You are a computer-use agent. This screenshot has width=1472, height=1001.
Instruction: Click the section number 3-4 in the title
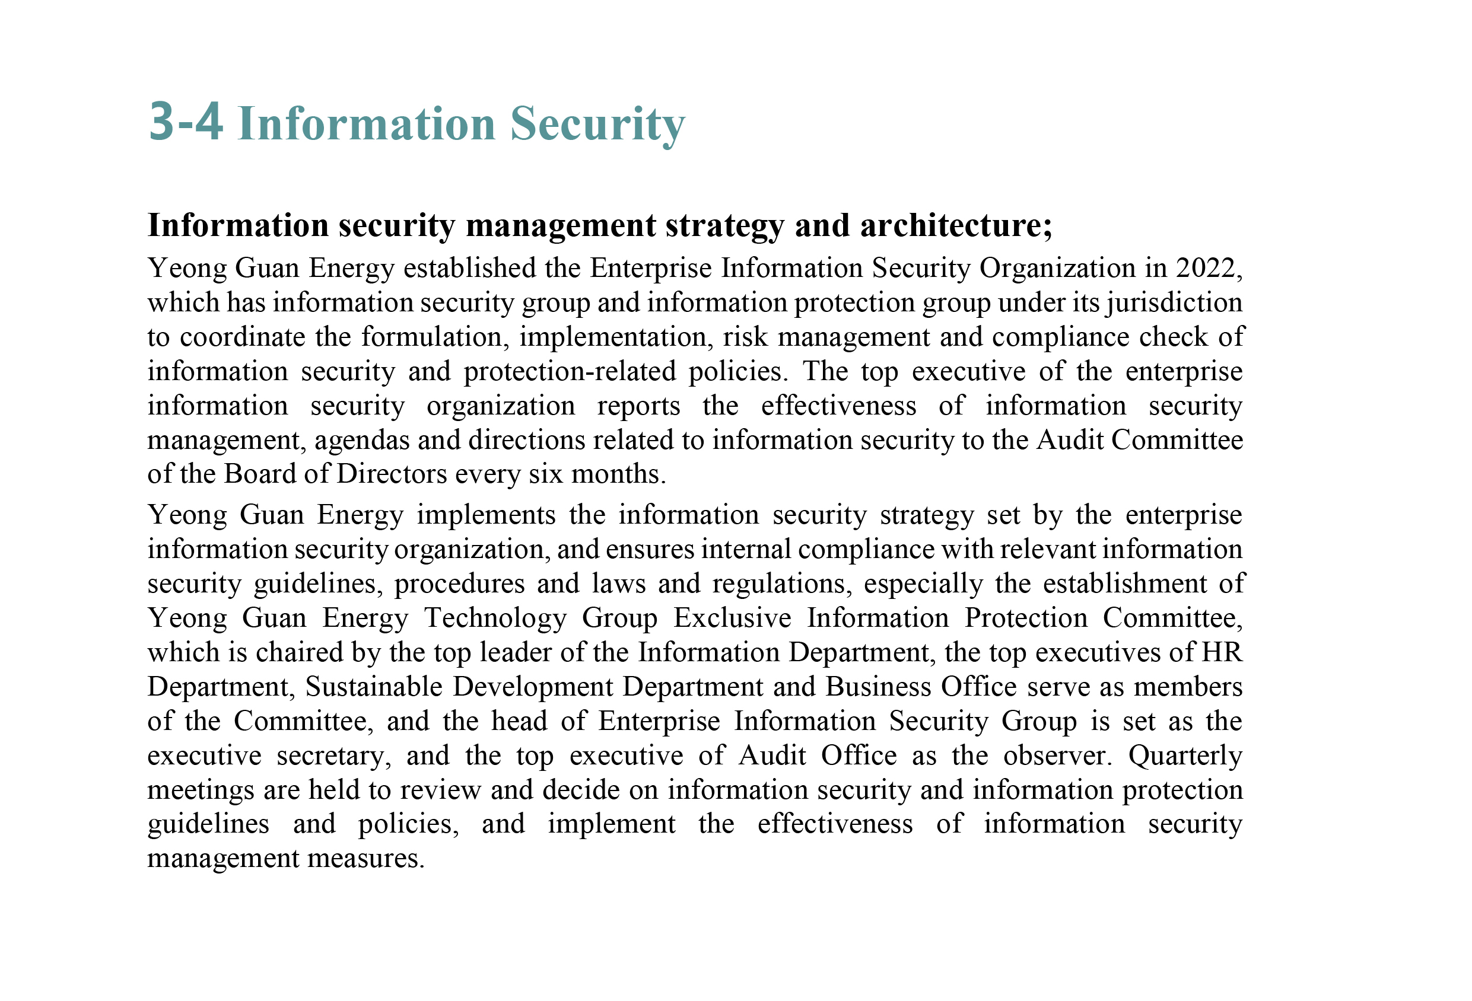pos(186,122)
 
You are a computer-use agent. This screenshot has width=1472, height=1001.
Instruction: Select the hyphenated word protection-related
pos(570,371)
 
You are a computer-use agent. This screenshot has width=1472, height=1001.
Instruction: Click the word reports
pos(638,406)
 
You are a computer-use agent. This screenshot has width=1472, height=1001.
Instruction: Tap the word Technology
pos(495,618)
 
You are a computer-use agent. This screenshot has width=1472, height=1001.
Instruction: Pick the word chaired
pos(299,652)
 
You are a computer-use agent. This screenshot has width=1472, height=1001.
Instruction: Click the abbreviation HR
pos(1222,652)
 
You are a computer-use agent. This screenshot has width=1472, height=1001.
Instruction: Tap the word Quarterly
pos(1185,755)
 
